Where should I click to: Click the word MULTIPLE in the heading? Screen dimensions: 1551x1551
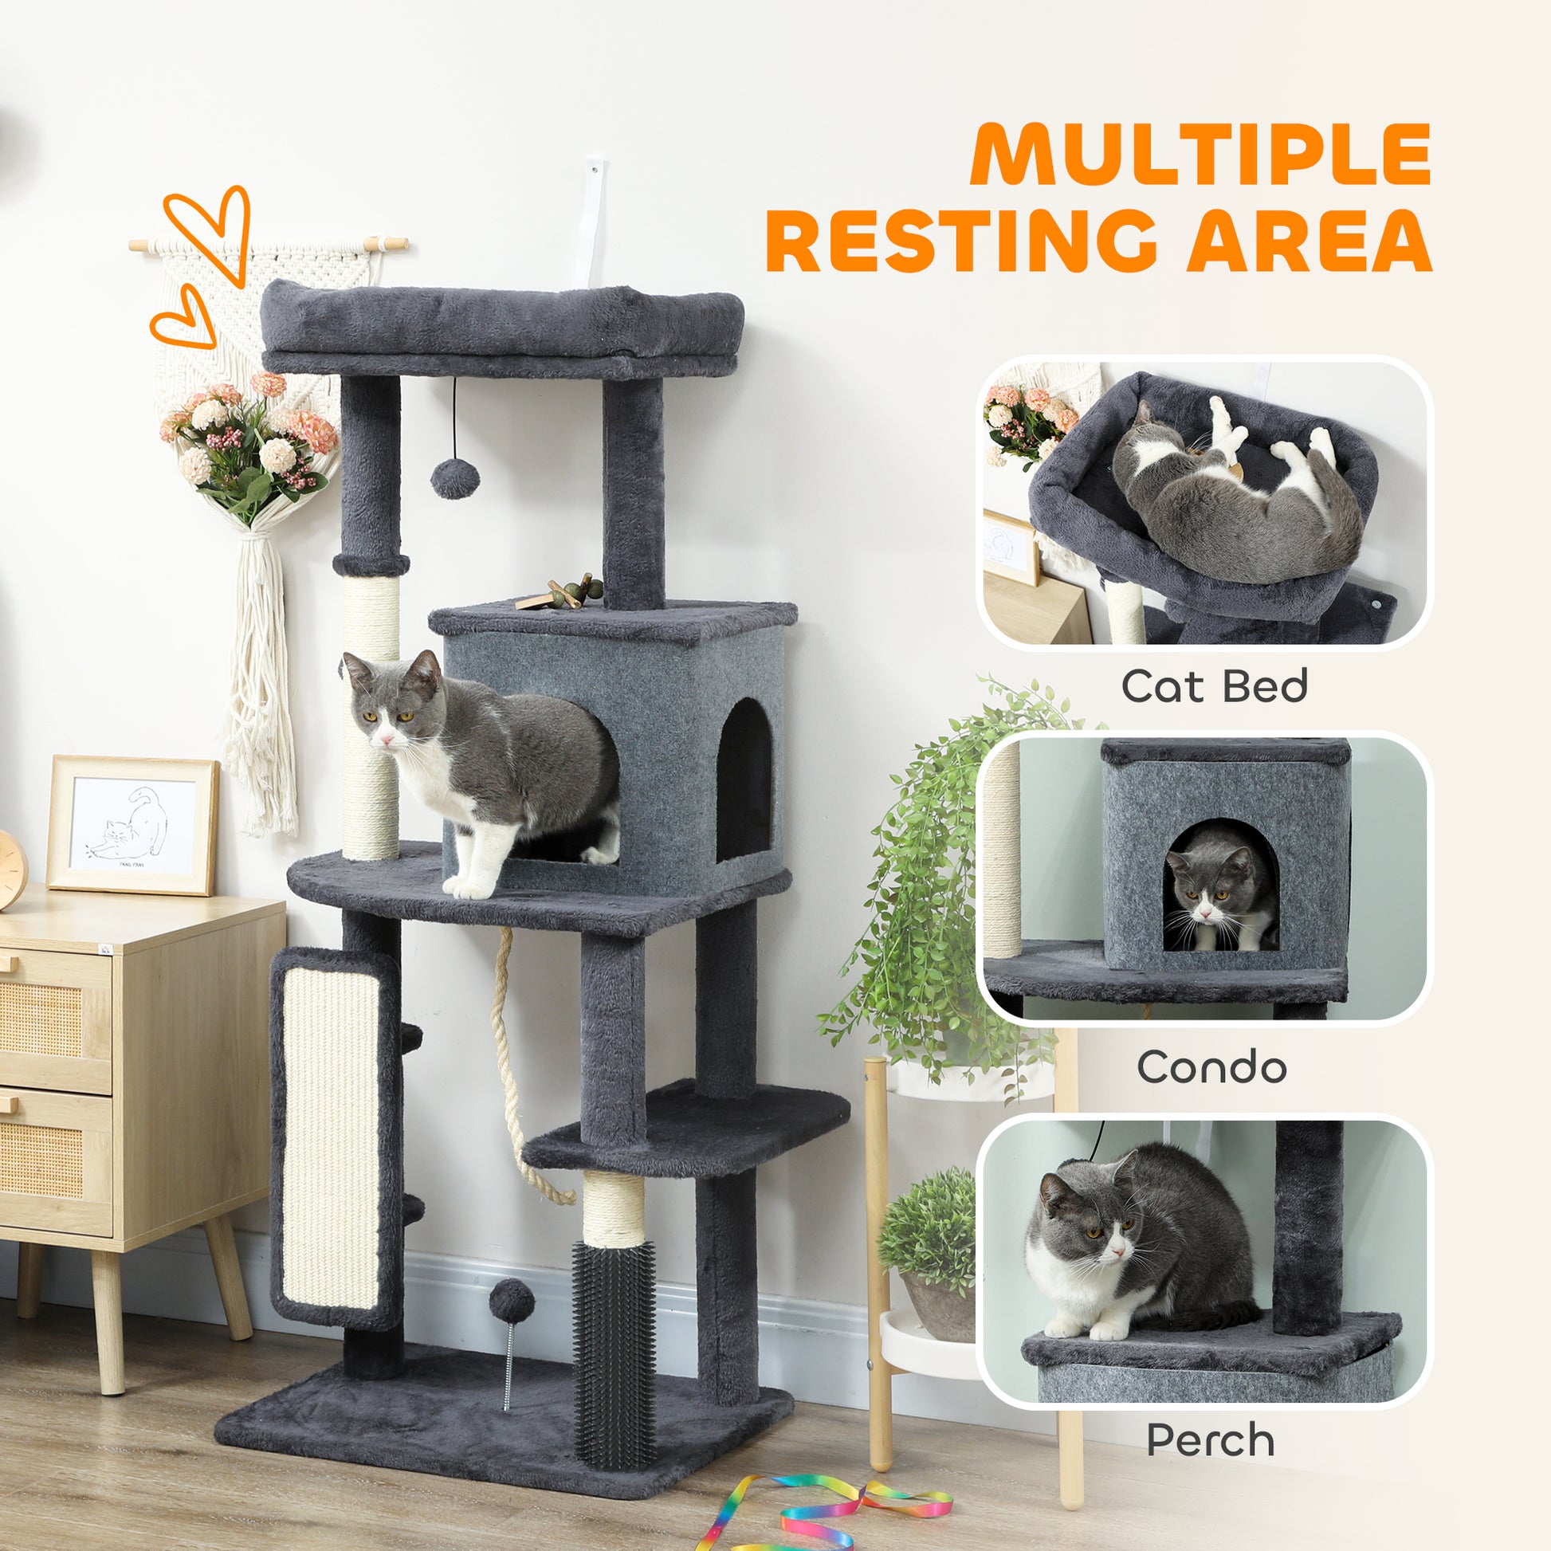(1202, 155)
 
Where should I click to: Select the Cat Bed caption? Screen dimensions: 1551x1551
(1214, 686)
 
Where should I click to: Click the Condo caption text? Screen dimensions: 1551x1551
(1211, 1067)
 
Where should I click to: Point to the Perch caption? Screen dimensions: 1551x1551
(1210, 1440)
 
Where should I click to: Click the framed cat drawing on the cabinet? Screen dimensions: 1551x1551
(132, 825)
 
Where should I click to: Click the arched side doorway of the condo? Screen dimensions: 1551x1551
(743, 778)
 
